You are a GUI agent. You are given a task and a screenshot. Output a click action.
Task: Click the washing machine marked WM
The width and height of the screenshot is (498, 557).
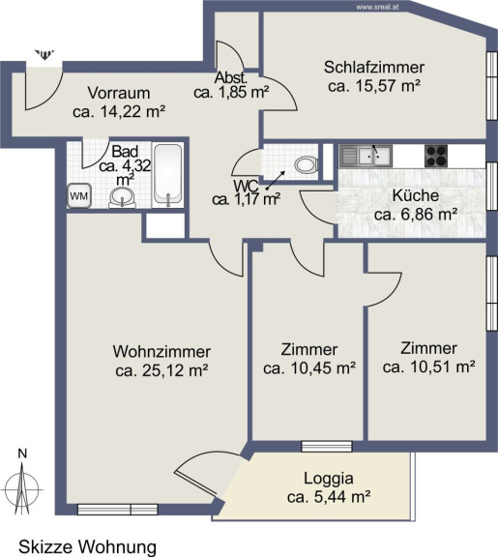pos(79,195)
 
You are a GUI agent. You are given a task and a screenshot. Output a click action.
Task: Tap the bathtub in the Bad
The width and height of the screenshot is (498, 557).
pos(168,175)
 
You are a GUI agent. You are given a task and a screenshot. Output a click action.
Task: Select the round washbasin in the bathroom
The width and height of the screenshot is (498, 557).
pos(122,197)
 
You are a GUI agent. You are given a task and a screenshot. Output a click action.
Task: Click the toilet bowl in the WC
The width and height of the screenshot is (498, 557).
pos(306,164)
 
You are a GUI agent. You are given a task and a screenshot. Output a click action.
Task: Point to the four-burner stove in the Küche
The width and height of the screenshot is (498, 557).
pos(436,156)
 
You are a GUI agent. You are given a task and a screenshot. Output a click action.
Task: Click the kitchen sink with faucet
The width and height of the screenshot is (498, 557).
pos(366,156)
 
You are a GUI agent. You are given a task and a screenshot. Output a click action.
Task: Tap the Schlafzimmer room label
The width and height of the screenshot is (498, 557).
pos(374,67)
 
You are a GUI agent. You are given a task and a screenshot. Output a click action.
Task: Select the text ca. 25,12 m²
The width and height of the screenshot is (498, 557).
pos(161,371)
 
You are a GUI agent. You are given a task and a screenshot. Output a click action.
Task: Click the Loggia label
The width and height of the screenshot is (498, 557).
pos(329,479)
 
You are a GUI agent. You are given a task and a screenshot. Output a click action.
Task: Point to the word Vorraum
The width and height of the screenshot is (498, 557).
pos(119,93)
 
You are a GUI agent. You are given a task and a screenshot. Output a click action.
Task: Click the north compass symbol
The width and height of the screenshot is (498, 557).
pos(22,484)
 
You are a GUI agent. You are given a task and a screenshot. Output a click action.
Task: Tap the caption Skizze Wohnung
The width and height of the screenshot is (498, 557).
pos(87,547)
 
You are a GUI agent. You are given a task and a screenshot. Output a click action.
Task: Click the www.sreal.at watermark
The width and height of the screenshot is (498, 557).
pos(377,7)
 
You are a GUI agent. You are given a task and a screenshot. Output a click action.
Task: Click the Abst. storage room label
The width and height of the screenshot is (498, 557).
pos(231,77)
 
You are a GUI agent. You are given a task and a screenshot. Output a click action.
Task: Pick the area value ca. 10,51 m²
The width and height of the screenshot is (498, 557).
pos(428,366)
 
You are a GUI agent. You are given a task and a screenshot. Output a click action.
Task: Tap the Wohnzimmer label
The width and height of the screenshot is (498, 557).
pos(161,352)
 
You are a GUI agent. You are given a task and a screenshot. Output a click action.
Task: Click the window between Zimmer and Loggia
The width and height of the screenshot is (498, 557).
pos(327,446)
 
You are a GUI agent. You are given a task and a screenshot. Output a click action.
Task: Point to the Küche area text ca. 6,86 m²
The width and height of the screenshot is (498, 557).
pos(416,215)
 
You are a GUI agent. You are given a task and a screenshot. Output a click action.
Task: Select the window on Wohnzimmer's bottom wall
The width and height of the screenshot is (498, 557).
pos(118,510)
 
